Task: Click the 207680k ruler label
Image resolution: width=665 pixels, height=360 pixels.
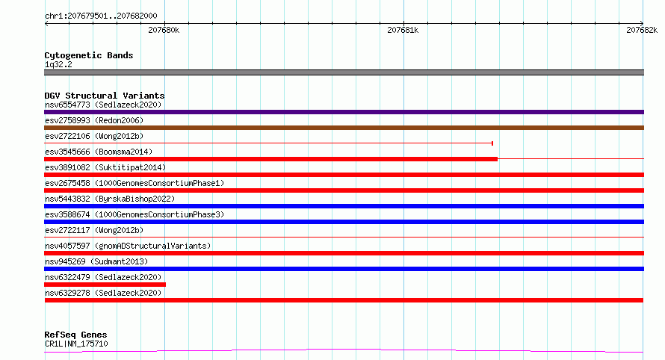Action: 164,30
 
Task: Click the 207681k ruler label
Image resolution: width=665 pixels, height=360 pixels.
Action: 403,30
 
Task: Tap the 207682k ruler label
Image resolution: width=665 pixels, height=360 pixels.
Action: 642,30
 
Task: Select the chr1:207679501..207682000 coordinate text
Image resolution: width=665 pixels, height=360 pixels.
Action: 101,16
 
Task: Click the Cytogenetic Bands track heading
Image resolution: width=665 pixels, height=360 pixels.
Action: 89,55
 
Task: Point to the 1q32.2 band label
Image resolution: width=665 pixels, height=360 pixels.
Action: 58,64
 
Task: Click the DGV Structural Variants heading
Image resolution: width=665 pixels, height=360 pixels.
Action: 105,96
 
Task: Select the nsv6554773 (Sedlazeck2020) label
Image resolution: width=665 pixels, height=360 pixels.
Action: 103,105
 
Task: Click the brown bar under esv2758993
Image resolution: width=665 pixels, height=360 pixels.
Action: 344,128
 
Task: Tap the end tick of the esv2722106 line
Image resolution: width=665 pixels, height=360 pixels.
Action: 492,143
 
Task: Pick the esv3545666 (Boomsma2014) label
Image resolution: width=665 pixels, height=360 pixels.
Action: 99,152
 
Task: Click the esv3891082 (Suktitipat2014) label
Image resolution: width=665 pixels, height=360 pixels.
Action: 105,167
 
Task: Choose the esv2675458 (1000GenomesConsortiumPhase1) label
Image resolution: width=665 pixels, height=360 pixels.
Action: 134,183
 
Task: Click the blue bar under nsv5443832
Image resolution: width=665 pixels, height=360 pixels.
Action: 344,206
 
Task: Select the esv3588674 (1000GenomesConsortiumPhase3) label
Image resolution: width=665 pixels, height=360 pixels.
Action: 134,214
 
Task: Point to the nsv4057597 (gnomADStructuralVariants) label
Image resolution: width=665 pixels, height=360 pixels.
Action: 128,246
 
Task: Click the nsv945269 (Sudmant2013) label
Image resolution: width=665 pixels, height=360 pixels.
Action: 96,261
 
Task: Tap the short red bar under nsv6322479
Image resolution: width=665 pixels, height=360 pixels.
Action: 105,285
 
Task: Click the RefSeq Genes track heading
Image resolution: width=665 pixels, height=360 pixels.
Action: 75,335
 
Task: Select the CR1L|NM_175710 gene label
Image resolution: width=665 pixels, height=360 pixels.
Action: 76,344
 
